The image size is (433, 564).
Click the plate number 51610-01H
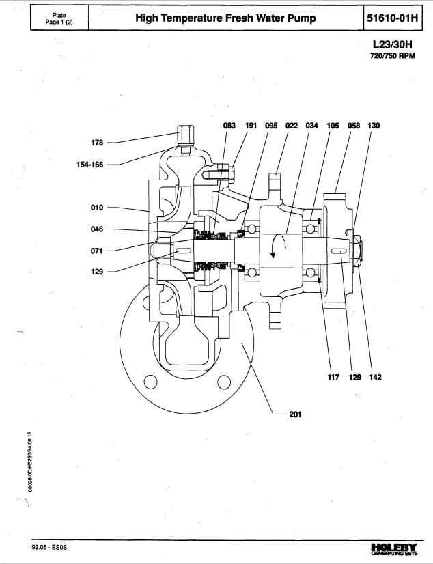[392, 18]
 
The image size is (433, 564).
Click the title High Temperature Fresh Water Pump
[225, 18]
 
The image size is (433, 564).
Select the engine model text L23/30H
[392, 44]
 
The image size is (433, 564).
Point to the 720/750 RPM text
[392, 56]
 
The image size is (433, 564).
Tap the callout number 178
[97, 143]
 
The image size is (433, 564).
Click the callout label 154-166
[89, 165]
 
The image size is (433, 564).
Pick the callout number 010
[97, 208]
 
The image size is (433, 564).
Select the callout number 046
[97, 229]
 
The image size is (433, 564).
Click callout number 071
[97, 251]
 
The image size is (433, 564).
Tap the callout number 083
[229, 126]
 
